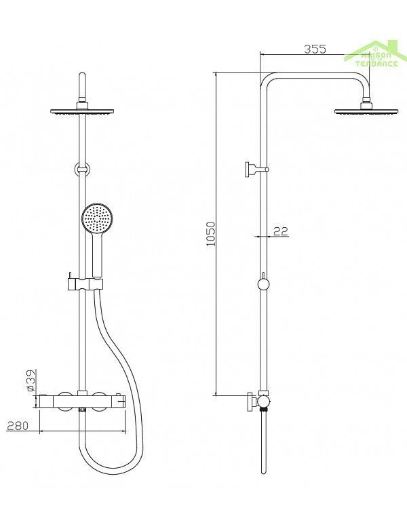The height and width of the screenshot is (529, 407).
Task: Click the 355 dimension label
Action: click(315, 49)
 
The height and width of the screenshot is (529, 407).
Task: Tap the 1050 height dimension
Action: click(211, 234)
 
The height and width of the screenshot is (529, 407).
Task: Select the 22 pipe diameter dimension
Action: click(281, 231)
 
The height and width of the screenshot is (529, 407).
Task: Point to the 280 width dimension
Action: click(18, 425)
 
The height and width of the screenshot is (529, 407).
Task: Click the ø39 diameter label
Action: click(31, 380)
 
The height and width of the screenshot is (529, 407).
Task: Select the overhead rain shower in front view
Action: click(83, 111)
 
